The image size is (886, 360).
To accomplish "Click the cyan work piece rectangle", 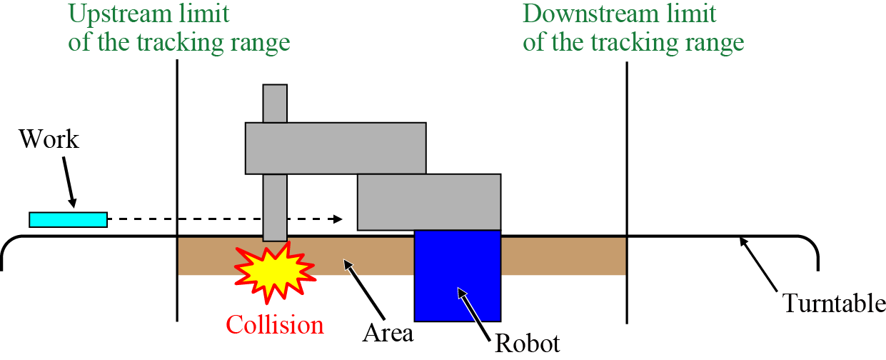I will point(68,219).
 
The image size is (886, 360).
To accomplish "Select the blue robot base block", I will point(457,275).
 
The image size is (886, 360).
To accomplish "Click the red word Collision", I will point(275,325).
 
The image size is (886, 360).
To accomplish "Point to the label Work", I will point(49,139).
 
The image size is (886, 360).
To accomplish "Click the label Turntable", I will point(835,304).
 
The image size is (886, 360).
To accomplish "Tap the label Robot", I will point(528,344).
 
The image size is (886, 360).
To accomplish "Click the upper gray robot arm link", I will point(336,148).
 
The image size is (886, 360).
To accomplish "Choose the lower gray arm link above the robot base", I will point(428,201).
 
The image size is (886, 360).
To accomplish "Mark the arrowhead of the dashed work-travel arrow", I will point(338,219).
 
